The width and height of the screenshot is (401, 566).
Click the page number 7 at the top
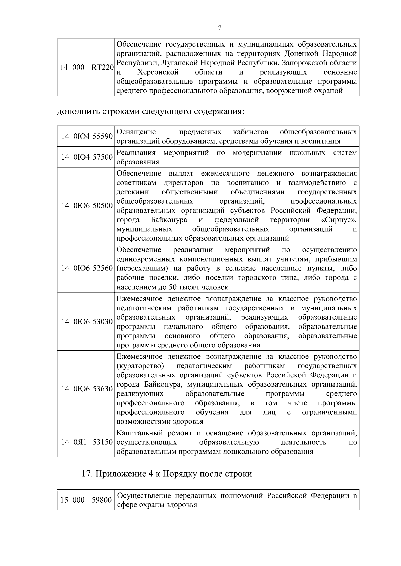220,28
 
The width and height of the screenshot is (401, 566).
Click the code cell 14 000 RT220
86,68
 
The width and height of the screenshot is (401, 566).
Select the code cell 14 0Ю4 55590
86,136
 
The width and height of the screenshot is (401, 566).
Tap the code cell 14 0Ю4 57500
86,157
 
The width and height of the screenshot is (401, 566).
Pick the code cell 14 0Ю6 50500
86,206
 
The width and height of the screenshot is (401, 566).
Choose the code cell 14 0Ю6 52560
86,268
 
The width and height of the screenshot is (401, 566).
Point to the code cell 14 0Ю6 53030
86,322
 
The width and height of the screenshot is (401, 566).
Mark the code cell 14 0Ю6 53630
86,389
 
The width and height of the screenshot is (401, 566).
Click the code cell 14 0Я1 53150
86,442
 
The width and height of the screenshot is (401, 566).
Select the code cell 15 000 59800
86,500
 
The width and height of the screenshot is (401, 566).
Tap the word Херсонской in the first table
158,72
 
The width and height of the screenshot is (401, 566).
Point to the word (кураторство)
140,366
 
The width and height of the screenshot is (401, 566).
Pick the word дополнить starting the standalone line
76,111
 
